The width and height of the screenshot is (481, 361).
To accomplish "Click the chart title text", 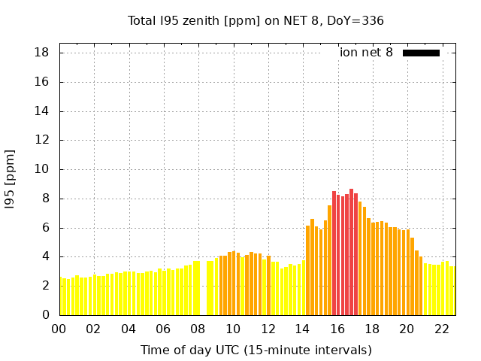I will (x=256, y=20).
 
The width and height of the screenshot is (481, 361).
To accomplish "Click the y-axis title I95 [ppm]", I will (x=10, y=179).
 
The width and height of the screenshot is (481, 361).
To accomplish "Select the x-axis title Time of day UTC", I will (x=256, y=350).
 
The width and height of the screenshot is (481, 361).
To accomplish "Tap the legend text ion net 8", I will (x=365, y=53).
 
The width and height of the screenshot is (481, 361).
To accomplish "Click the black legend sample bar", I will (x=421, y=53).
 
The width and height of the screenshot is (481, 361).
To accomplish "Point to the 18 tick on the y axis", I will (x=42, y=53).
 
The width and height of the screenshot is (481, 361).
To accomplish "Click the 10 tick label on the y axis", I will (x=42, y=169).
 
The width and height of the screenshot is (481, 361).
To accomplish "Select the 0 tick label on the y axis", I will (x=45, y=315).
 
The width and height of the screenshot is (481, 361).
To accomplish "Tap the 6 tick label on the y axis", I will (x=45, y=228).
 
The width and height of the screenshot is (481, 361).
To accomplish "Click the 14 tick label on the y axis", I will (x=42, y=111).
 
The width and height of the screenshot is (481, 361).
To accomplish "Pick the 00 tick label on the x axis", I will (x=59, y=329).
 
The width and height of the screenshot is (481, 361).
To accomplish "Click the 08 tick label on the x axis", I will (x=198, y=329).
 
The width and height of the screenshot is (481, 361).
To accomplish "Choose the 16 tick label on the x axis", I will (x=337, y=329).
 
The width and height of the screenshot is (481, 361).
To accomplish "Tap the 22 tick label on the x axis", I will (x=442, y=329).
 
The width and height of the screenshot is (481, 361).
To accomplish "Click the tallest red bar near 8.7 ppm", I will (x=351, y=252).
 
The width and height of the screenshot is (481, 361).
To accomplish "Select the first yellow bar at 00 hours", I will (x=62, y=296).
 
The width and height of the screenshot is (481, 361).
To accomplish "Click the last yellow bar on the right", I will (x=452, y=291).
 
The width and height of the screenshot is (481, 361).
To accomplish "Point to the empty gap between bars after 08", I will (x=203, y=301).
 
